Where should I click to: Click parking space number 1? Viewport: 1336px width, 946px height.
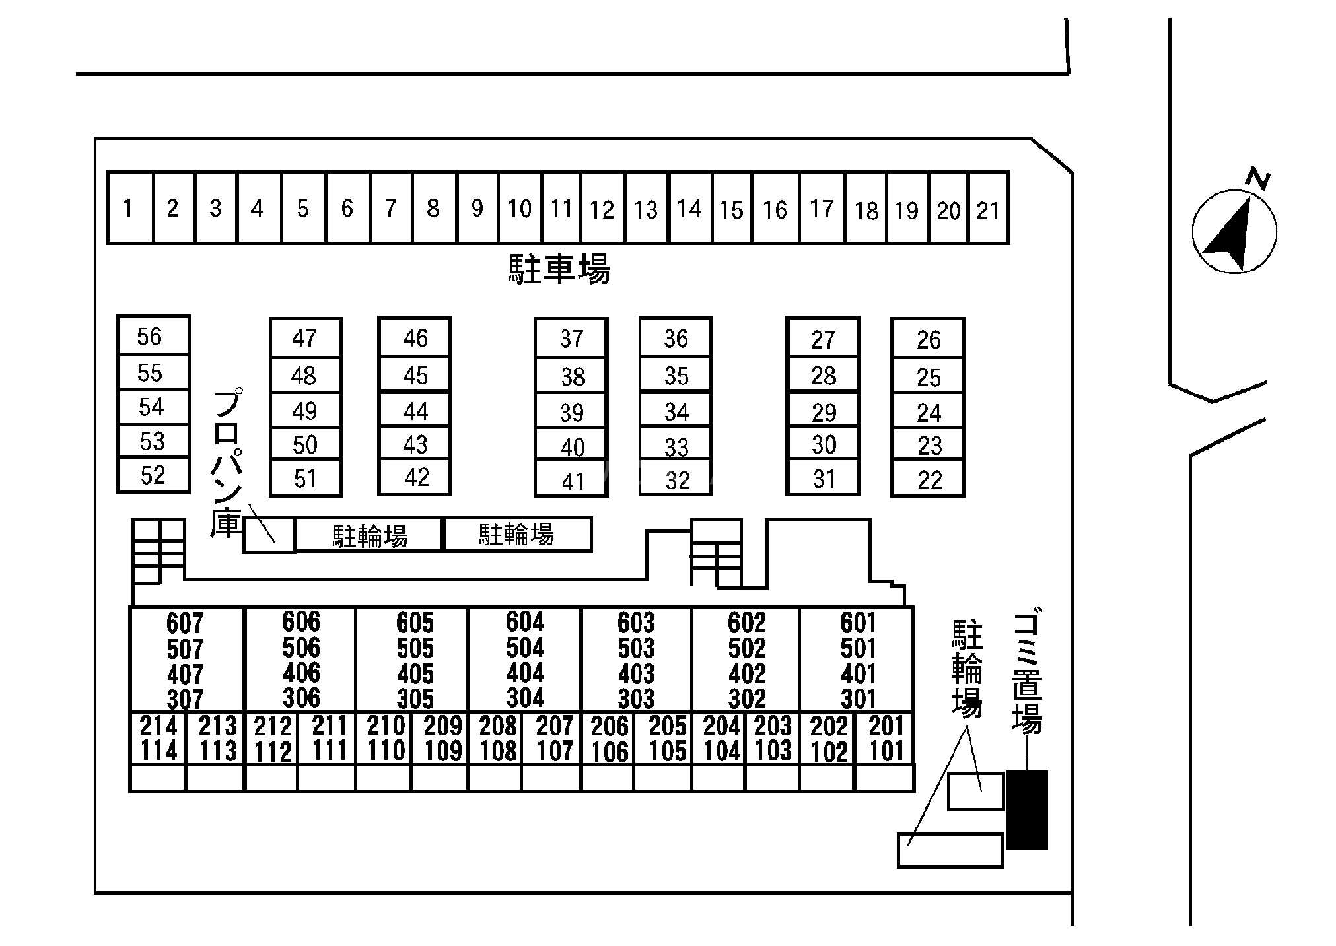(129, 208)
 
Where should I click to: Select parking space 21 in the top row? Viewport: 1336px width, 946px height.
(988, 209)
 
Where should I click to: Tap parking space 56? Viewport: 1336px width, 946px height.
(152, 337)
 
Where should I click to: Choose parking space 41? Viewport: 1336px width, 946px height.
(572, 480)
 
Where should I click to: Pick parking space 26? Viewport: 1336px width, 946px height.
(928, 339)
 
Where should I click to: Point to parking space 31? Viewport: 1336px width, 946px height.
(824, 479)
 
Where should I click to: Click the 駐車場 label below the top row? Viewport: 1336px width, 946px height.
(559, 269)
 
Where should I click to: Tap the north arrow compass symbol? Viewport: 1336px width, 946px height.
(1234, 231)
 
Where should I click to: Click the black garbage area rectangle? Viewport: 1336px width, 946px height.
(1027, 809)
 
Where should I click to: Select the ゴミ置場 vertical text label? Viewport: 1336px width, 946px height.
(1027, 673)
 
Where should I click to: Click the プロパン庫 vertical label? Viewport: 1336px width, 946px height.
(227, 462)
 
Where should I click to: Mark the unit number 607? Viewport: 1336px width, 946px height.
(185, 623)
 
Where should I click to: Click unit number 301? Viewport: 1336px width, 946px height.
(858, 698)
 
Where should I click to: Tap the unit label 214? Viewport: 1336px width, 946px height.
(158, 726)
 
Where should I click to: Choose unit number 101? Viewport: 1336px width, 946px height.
(886, 751)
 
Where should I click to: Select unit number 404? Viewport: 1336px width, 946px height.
(525, 673)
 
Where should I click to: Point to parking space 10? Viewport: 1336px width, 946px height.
(519, 209)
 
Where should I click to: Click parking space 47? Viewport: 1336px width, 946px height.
(304, 338)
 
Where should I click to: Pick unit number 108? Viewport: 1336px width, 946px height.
(497, 751)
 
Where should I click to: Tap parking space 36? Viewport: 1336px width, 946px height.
(676, 339)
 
